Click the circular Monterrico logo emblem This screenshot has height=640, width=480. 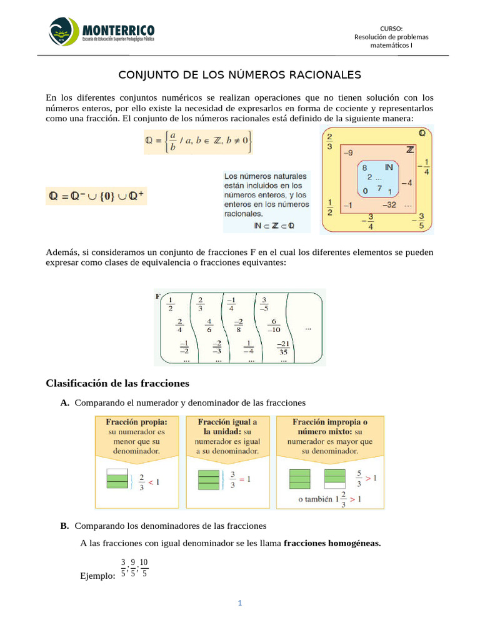pyautogui.click(x=64, y=31)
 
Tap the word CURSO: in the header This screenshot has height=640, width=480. pyautogui.click(x=391, y=28)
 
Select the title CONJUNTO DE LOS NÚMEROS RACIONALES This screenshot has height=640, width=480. pyautogui.click(x=240, y=75)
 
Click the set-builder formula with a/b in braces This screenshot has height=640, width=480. pyautogui.click(x=198, y=142)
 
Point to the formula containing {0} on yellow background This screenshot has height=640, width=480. pyautogui.click(x=97, y=196)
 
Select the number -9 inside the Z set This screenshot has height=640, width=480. pyautogui.click(x=347, y=152)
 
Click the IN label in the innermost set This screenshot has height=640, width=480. pyautogui.click(x=389, y=167)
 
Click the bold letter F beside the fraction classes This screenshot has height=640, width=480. pyautogui.click(x=158, y=296)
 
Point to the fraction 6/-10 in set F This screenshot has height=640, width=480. pyautogui.click(x=274, y=326)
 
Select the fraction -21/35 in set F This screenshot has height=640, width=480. pyautogui.click(x=282, y=347)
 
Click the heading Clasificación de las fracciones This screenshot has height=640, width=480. pyautogui.click(x=117, y=382)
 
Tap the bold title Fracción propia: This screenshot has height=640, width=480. pyautogui.click(x=131, y=422)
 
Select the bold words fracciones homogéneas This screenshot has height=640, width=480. pyautogui.click(x=331, y=544)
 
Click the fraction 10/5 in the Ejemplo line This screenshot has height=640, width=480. pyautogui.click(x=144, y=567)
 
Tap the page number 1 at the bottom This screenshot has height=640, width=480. pyautogui.click(x=239, y=603)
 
